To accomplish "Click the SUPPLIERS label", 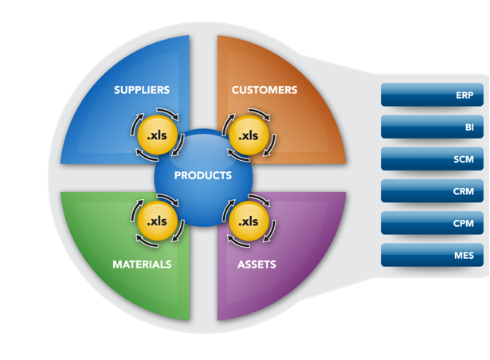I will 141,90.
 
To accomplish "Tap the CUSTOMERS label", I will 264,90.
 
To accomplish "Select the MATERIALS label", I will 142,264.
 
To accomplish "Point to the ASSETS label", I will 256,264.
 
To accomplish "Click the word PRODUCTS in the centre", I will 203,175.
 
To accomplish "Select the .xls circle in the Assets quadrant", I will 249,221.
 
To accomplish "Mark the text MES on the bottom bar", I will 464,256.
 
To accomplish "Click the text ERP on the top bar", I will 465,96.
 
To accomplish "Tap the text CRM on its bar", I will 463,191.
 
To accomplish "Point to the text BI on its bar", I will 469,127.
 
